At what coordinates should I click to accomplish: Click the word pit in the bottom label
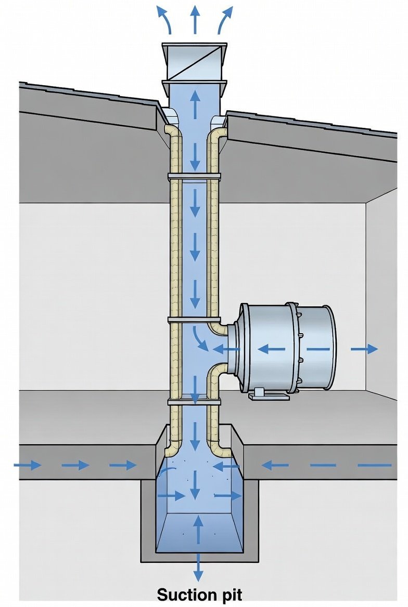point(229,594)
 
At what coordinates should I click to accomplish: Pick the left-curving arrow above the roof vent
point(166,21)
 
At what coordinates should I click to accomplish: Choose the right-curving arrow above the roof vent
point(225,21)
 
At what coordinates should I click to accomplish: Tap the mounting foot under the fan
point(269,397)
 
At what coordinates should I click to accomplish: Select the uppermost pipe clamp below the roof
point(194,177)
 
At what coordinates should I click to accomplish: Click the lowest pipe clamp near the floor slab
point(194,402)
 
